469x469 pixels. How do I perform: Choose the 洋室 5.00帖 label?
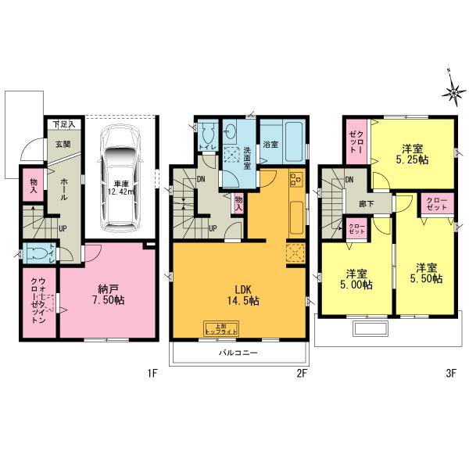point(354,280)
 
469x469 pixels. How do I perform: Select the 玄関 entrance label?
point(62,145)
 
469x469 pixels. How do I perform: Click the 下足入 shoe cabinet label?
point(63,124)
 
